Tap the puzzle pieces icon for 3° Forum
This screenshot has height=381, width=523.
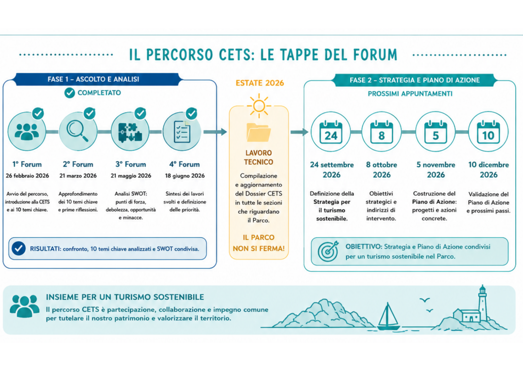click(x=130, y=132)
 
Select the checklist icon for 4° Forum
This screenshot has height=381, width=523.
click(x=182, y=132)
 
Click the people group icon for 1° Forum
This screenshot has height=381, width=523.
click(x=27, y=132)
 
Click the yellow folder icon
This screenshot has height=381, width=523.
click(x=259, y=132)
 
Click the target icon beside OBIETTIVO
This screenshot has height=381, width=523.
click(x=328, y=251)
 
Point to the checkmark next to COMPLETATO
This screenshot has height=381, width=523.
click(x=70, y=93)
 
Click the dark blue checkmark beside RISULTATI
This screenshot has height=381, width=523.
click(x=19, y=248)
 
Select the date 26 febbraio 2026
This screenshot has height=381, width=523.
click(x=27, y=176)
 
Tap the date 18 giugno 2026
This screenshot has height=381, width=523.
click(x=185, y=176)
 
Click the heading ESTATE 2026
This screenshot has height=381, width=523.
click(x=260, y=83)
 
